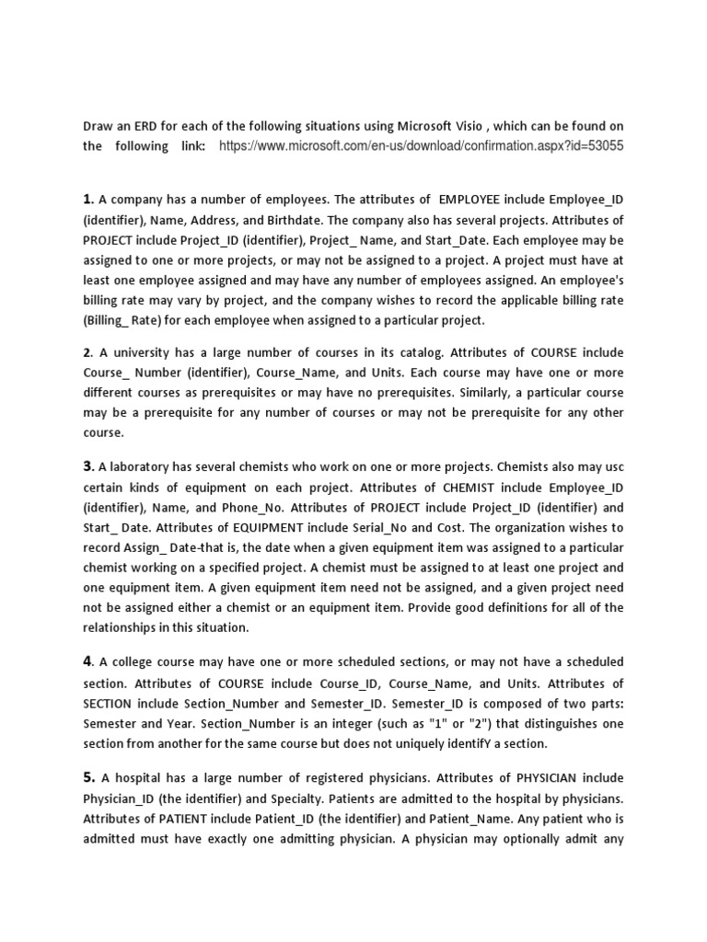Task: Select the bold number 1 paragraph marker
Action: [88, 198]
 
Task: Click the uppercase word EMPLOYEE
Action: [474, 199]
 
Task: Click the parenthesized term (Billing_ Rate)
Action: [126, 320]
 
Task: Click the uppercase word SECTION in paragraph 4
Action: [118, 704]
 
